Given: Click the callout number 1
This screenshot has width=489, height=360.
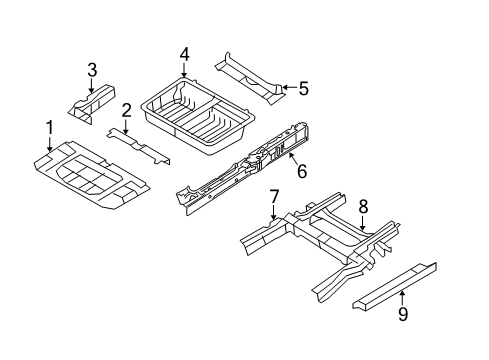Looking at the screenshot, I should tap(48, 128).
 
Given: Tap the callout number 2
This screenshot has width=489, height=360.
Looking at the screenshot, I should tap(127, 109).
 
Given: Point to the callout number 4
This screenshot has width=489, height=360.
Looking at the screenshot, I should tap(184, 55).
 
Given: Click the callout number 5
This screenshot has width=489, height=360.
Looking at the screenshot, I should tap(304, 88).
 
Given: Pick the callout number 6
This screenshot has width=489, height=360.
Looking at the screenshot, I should tap(301, 172).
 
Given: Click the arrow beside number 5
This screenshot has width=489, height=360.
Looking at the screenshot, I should tap(285, 88).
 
